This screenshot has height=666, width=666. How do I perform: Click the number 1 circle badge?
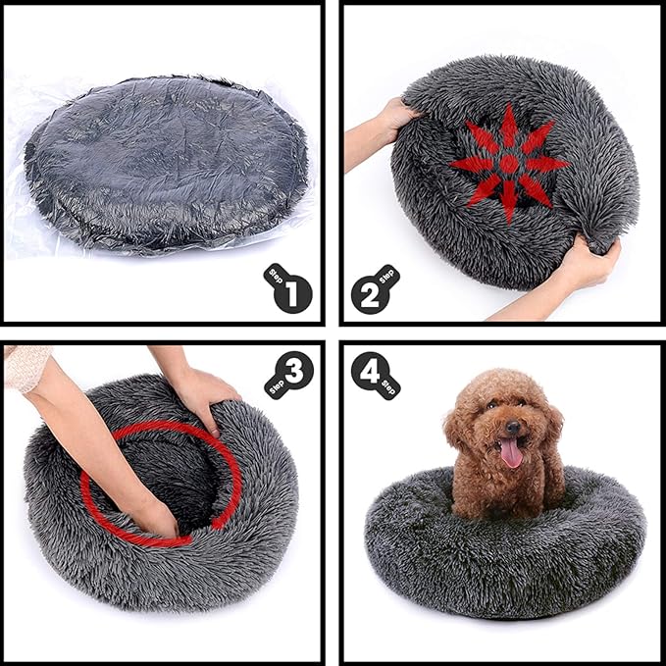point(294,292)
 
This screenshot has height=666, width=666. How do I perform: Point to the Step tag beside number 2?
point(388,276)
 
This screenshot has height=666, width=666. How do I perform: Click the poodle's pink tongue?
point(511,452)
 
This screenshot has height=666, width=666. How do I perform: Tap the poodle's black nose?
point(510,427)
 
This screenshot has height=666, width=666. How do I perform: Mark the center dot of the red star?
point(509,164)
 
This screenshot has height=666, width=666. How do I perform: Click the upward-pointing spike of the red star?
point(509,124)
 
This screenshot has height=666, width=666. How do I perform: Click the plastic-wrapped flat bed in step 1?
point(165,161)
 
